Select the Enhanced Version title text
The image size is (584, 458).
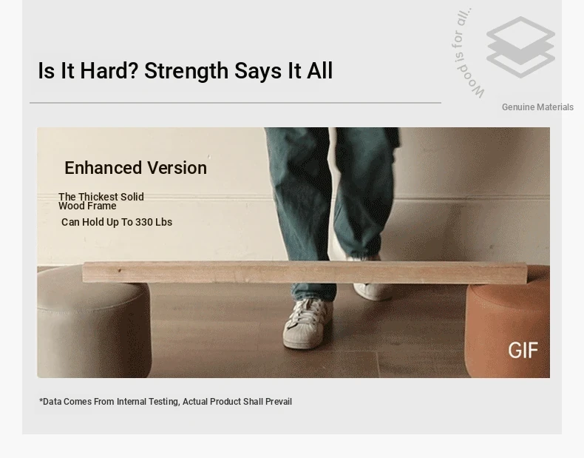point(135,168)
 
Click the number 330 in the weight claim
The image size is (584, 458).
point(143,222)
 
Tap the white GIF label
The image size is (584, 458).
point(523,351)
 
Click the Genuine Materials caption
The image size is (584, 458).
point(537,107)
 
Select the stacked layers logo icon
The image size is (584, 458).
point(520,47)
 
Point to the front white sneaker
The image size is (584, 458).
point(306,323)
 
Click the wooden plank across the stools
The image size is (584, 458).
point(305,272)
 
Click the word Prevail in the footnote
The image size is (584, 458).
point(278,402)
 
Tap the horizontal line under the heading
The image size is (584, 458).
point(235,103)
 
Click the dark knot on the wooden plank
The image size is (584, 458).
point(119,271)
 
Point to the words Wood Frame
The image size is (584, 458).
point(87,206)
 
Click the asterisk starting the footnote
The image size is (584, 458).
point(41,400)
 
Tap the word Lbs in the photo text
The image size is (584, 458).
point(163,222)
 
